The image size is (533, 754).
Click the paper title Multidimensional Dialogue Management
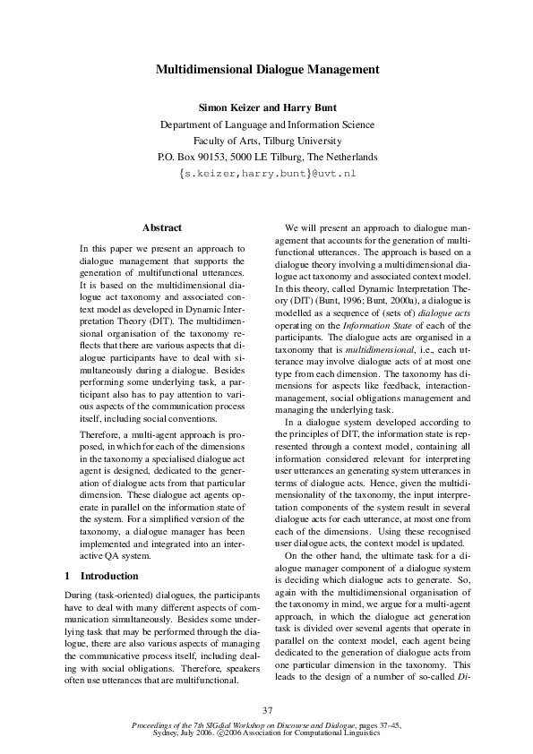[x=266, y=69]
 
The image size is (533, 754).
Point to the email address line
[x=267, y=171]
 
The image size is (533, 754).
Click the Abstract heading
[x=162, y=228]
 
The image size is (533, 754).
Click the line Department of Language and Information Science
[x=266, y=124]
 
